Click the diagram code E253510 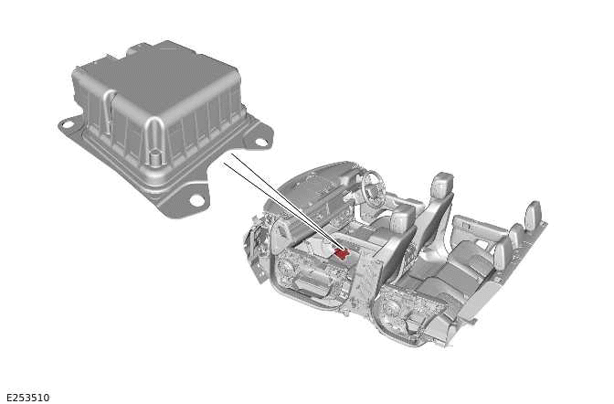point(27,398)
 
